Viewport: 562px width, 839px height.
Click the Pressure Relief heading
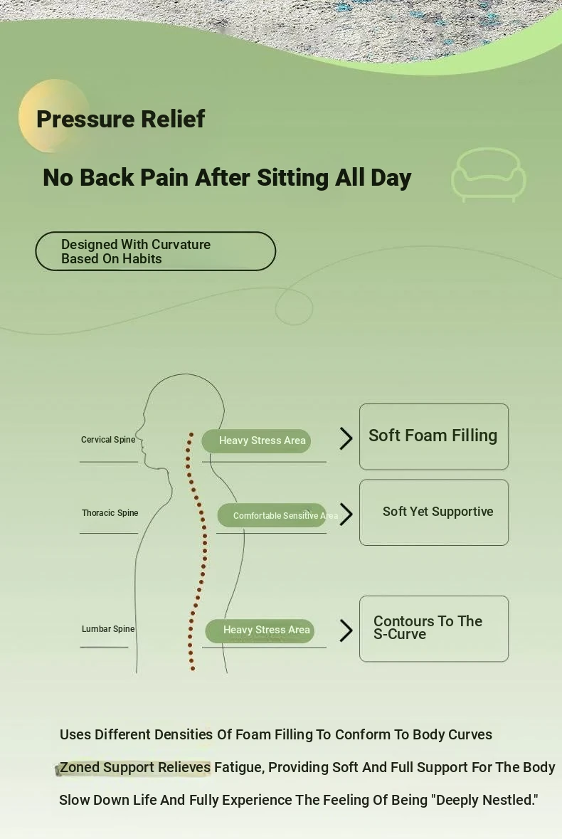(120, 119)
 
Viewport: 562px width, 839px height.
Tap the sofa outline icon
(489, 174)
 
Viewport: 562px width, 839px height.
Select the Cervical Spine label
(108, 440)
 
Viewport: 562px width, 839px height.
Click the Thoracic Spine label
(110, 513)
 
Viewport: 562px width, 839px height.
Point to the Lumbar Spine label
(108, 629)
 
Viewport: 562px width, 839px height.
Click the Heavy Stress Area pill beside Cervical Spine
(257, 440)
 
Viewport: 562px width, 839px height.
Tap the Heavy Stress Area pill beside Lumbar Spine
(260, 630)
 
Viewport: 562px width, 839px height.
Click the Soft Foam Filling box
(433, 436)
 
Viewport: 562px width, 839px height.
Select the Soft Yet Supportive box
(433, 512)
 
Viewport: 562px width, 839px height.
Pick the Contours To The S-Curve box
(433, 628)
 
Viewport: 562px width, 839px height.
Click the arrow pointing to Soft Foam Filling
(346, 438)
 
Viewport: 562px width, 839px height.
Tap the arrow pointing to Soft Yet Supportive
(346, 514)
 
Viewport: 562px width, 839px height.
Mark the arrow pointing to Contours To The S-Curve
(346, 630)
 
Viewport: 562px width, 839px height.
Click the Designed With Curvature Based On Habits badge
(155, 251)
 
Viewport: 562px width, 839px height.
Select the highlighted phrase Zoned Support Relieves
(135, 767)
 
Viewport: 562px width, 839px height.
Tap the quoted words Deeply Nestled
(484, 800)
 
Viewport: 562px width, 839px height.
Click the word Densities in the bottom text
(184, 734)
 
